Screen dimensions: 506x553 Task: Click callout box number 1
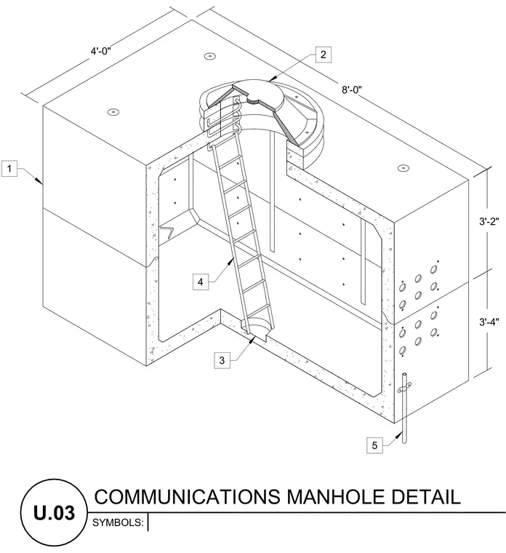[x=9, y=168]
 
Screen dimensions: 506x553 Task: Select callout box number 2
[x=323, y=55]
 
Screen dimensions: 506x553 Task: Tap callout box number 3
[x=222, y=360]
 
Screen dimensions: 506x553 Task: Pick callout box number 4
[x=201, y=282]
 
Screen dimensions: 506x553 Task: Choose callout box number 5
[x=374, y=445]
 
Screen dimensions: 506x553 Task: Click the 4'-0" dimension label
[x=101, y=51]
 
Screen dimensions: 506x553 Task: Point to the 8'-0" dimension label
[x=351, y=89]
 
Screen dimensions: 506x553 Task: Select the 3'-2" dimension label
[x=489, y=221]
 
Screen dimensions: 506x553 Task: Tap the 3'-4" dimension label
[x=489, y=322]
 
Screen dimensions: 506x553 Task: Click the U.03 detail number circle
[x=54, y=512]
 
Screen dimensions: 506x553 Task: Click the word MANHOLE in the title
[x=335, y=496]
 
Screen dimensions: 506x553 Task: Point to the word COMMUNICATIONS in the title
[x=187, y=496]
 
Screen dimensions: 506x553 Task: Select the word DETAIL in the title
[x=425, y=496]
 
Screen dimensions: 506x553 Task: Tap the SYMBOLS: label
[x=118, y=522]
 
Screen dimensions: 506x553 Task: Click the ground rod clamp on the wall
[x=405, y=388]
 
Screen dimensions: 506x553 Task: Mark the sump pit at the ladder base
[x=256, y=329]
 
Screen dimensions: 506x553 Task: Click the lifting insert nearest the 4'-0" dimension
[x=210, y=56]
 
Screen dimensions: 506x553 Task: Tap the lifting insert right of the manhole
[x=403, y=167]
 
